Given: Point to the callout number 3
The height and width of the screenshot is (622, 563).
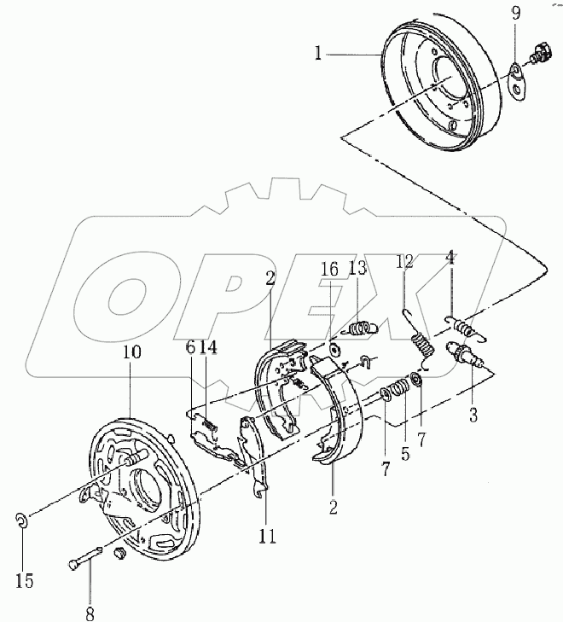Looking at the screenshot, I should pos(473,416).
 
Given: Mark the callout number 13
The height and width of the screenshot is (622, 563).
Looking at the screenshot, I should pos(357,269).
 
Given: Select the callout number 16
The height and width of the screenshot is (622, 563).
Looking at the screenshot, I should pos(330,268).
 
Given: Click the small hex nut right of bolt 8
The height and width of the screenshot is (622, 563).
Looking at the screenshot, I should pos(119,555).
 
